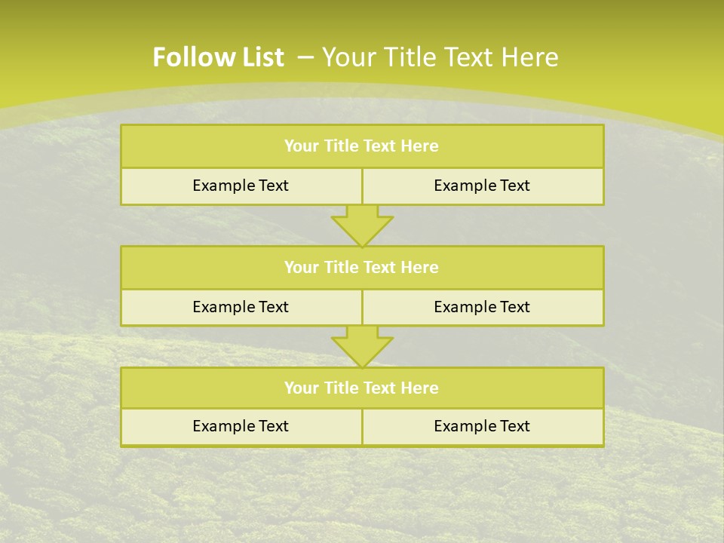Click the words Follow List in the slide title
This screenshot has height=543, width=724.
coord(218,57)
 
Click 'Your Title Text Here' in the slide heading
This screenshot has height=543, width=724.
coord(440,57)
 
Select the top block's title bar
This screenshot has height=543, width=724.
coord(362,146)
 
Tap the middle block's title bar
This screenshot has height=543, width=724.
coord(362,268)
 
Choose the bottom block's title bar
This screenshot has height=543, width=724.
coord(362,388)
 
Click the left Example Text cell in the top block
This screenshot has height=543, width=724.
coord(241,186)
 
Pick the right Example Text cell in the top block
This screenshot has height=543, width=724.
coord(482,186)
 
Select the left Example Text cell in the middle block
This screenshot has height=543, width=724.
coord(241,308)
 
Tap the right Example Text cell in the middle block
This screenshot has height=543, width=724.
coord(482,308)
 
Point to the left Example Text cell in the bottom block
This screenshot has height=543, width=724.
coord(241,427)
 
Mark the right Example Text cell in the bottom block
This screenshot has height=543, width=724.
coord(482,427)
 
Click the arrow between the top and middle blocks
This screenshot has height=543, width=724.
coord(362,225)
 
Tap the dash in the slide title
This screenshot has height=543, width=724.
coord(306,57)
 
